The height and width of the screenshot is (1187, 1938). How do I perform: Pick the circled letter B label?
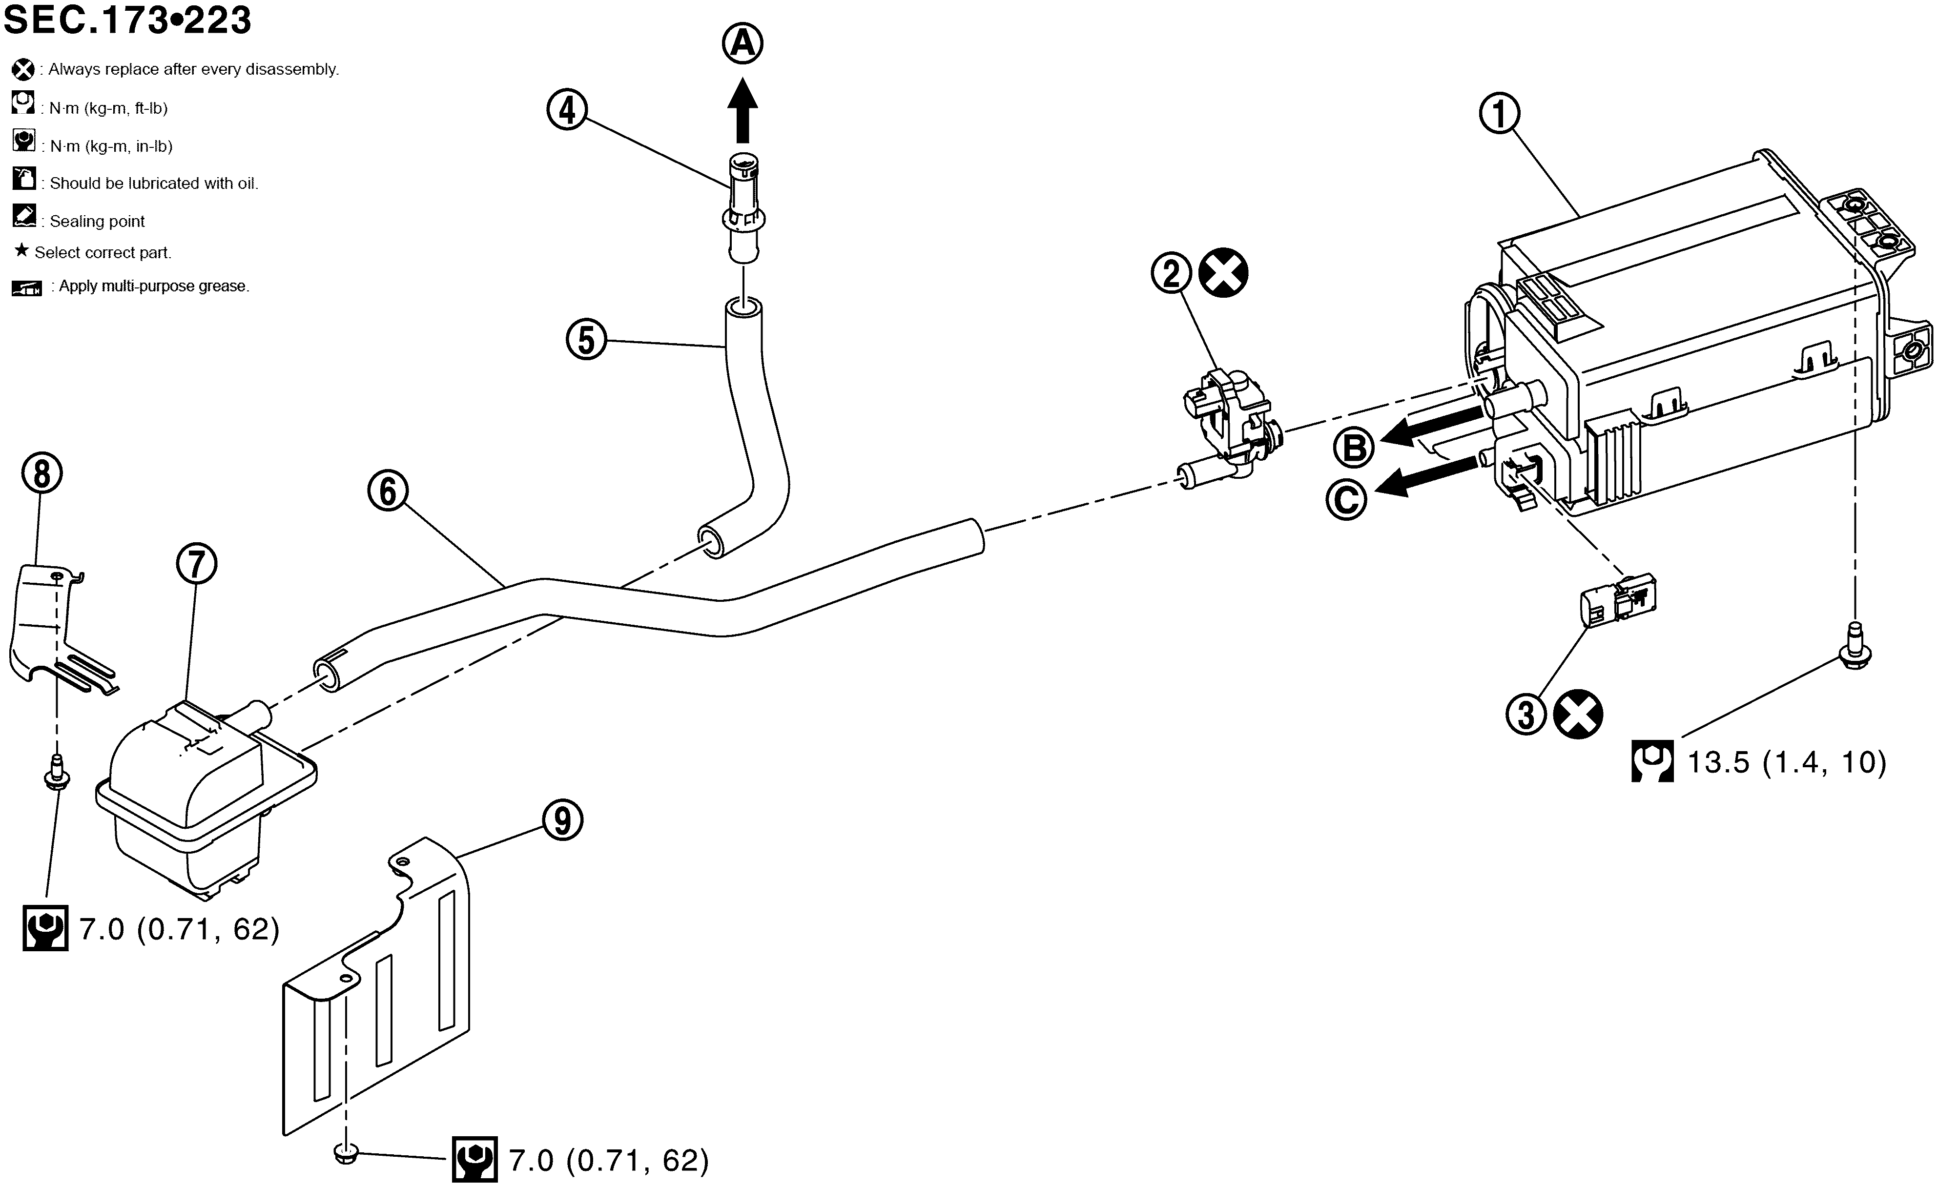(1354, 448)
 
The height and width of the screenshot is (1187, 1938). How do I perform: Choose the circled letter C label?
(1346, 499)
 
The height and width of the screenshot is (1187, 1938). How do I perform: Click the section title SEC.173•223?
(127, 20)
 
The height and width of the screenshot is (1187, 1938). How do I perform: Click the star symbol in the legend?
(21, 251)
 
